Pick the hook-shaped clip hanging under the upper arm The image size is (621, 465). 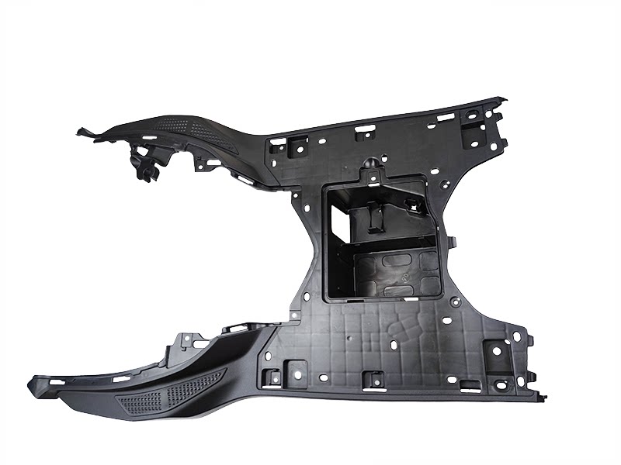145,167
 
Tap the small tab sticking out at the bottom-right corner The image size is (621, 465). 541,397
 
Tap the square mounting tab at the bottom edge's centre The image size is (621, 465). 373,380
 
